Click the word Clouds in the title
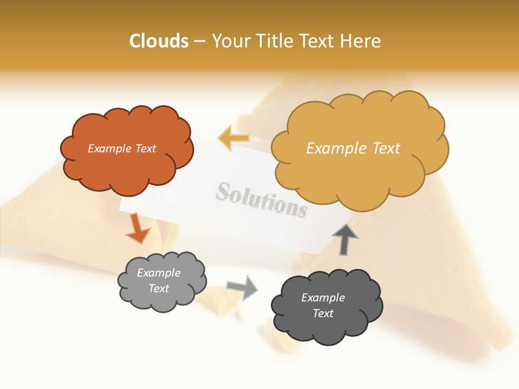point(159,41)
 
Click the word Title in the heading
point(275,41)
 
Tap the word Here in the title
point(362,41)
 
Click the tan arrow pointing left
point(234,138)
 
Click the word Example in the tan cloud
point(336,149)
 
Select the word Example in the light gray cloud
point(158,273)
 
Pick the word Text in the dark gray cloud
point(323,313)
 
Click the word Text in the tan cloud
point(385,149)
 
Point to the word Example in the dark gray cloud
point(323,298)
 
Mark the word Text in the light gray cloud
point(159,289)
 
